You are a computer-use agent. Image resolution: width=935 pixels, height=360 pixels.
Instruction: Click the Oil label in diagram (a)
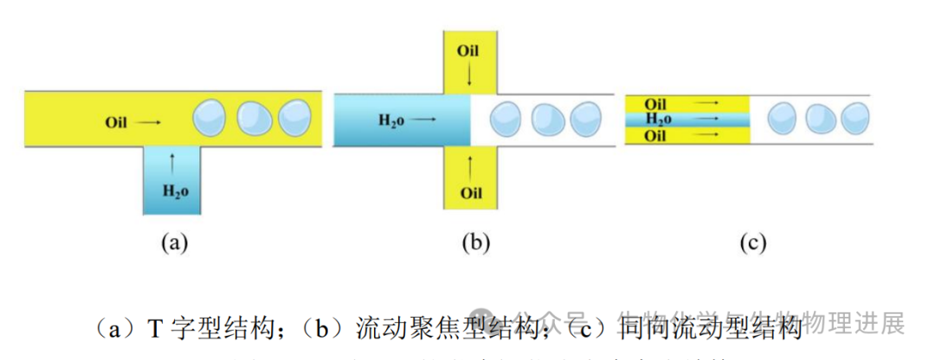click(x=116, y=123)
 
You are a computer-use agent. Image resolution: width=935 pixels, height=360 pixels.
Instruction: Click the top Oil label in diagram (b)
click(x=467, y=51)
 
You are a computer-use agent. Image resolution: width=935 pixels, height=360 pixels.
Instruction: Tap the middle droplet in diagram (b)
click(x=547, y=119)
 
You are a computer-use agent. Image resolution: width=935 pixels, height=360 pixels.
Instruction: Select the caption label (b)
click(x=475, y=243)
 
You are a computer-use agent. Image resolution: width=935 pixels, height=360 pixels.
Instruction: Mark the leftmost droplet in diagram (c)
click(x=783, y=117)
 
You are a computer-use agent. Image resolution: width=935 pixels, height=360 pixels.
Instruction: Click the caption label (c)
click(x=752, y=243)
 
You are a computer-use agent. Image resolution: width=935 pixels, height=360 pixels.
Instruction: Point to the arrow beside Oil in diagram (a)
click(x=148, y=123)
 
